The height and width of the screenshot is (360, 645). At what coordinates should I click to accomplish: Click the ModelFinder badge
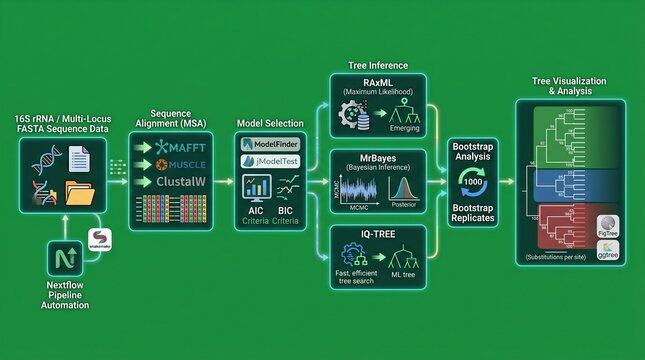coord(267,144)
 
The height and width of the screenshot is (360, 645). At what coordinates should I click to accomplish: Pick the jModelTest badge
coord(267,160)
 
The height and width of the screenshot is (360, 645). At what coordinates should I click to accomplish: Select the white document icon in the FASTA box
coord(81,157)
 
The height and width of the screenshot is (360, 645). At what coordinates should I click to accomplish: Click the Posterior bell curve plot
coord(404,188)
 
